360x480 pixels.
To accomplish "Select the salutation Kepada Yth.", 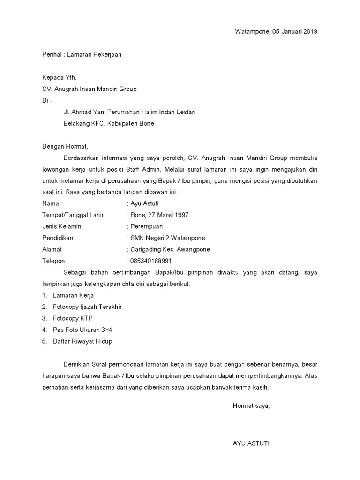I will [x=59, y=77].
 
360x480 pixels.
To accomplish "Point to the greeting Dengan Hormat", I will [x=65, y=146].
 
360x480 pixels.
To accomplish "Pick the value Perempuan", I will [x=146, y=226].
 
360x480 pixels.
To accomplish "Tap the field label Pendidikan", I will [x=57, y=238].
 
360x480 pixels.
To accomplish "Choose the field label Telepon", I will [x=53, y=261].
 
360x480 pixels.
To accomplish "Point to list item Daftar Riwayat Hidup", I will [x=82, y=341].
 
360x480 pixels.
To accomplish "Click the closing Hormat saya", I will [x=251, y=405].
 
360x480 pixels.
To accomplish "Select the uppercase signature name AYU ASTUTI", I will [x=251, y=443].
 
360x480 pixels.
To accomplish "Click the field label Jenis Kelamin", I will [x=61, y=226].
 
